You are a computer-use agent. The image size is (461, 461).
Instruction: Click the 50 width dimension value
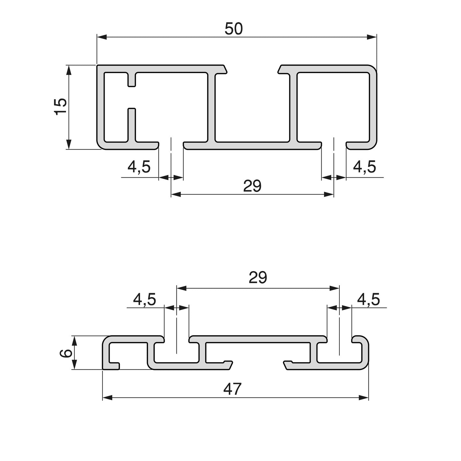tap(234, 29)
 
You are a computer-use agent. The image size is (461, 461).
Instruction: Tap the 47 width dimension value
tap(233, 389)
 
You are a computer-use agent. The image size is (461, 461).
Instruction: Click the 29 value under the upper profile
tap(252, 186)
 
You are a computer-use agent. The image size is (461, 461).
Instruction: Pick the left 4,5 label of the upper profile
tap(139, 167)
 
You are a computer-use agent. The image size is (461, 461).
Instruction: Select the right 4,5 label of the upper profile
tap(364, 167)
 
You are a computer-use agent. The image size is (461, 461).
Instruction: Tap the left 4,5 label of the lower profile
tap(145, 300)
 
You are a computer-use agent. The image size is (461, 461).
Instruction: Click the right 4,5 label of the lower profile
tap(368, 300)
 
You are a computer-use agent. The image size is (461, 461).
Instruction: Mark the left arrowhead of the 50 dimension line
tap(101, 37)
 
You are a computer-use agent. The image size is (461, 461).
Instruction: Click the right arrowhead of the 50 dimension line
tap(372, 37)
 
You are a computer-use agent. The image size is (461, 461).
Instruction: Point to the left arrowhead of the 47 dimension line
tap(107, 398)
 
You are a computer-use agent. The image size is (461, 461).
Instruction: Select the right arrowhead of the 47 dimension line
tap(364, 398)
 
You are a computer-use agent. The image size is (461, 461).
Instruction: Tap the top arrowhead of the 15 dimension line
tap(68, 70)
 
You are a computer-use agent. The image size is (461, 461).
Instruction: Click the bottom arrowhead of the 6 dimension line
tap(74, 365)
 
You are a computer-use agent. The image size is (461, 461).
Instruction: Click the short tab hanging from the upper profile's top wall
tap(132, 79)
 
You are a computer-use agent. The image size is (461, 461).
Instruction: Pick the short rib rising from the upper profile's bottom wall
tap(132, 124)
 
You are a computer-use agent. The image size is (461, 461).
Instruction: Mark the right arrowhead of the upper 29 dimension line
tap(329, 194)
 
